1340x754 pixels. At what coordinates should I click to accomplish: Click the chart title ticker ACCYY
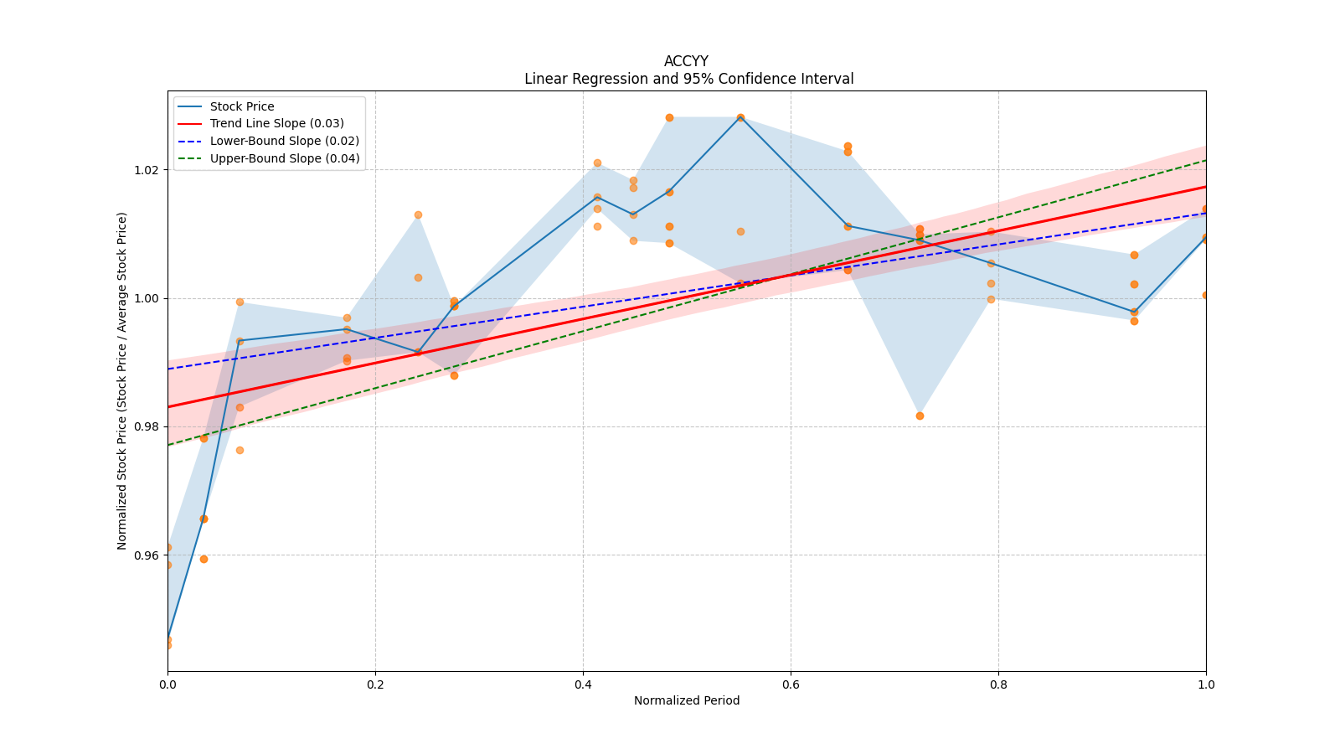click(x=686, y=61)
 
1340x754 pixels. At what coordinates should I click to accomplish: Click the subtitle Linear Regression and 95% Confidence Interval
click(x=688, y=79)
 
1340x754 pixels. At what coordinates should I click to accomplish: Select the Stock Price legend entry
click(x=242, y=106)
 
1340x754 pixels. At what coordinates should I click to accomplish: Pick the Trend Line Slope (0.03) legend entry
click(x=276, y=124)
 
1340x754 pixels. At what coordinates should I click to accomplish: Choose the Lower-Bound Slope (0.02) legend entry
click(x=284, y=142)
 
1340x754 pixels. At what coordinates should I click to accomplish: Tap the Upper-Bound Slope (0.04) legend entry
click(x=284, y=159)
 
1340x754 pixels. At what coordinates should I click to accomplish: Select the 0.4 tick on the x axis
click(x=583, y=684)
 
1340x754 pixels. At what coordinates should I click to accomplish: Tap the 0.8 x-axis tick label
click(x=998, y=684)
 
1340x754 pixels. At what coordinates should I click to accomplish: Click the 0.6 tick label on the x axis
click(x=791, y=684)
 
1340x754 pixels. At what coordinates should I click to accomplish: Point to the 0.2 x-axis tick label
click(x=375, y=684)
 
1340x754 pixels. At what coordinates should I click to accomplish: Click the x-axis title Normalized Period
click(x=687, y=700)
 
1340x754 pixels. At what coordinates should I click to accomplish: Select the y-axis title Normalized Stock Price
click(x=122, y=380)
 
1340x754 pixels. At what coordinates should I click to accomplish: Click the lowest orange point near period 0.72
click(x=920, y=416)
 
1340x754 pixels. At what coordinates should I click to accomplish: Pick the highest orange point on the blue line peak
click(x=740, y=117)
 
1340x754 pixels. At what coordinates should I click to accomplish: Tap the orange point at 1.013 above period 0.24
click(x=418, y=214)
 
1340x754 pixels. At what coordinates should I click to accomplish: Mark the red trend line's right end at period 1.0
click(x=1205, y=186)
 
